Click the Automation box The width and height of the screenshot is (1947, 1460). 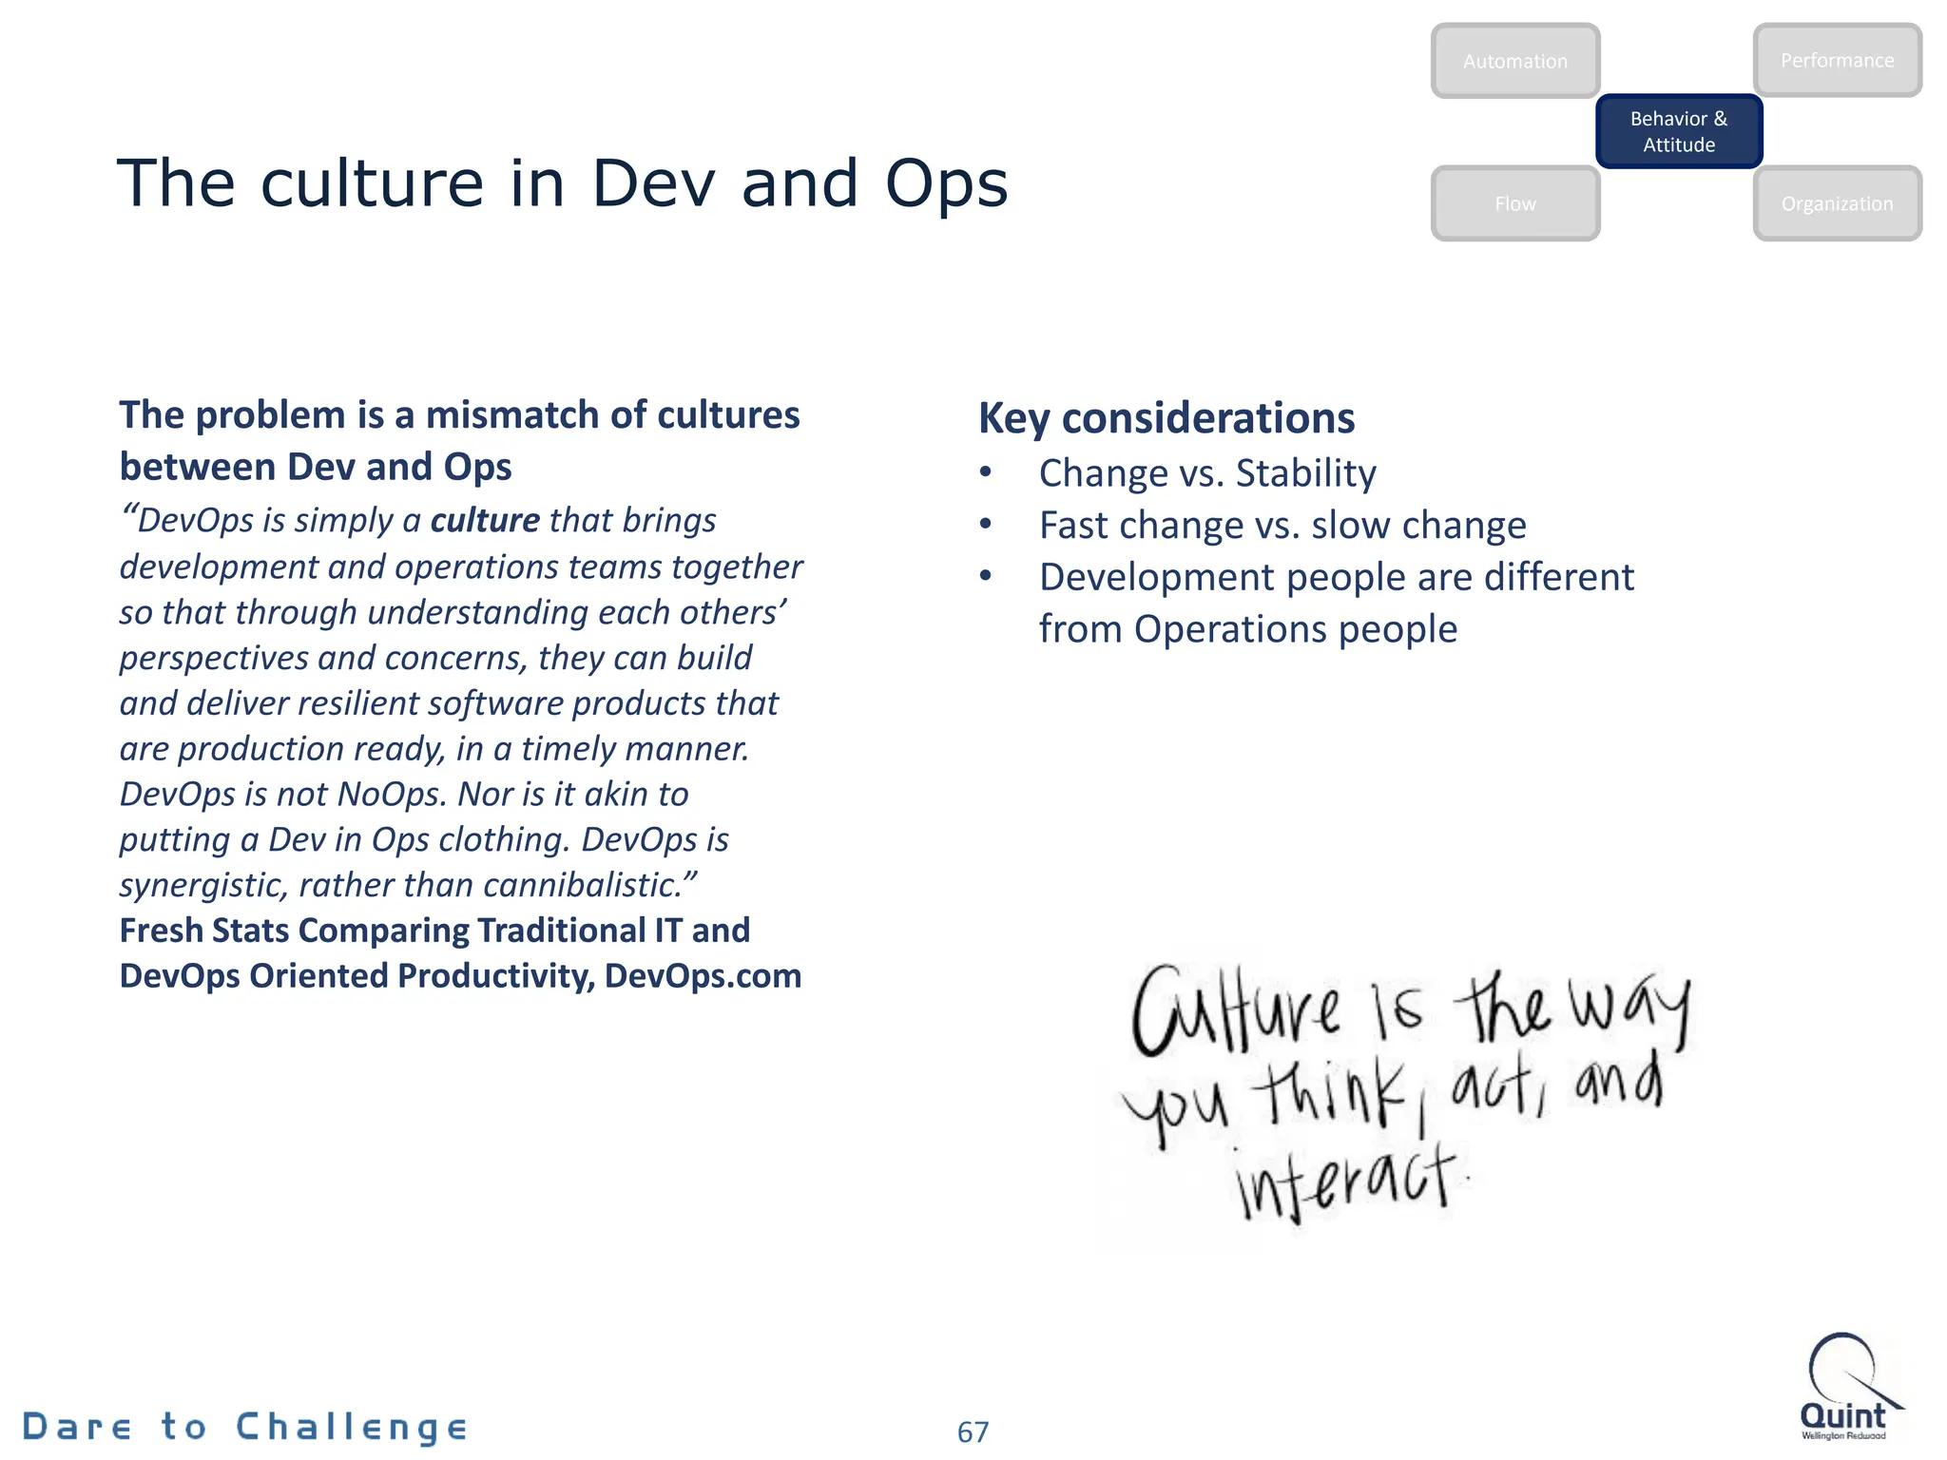[x=1514, y=61]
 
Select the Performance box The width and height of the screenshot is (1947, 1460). [x=1837, y=60]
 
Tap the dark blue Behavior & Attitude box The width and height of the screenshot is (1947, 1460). [x=1679, y=131]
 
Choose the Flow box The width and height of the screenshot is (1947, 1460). [x=1514, y=203]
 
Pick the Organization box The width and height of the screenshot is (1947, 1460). [x=1837, y=203]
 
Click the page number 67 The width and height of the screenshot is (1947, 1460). [x=973, y=1431]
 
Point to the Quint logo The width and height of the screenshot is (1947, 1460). [x=1844, y=1388]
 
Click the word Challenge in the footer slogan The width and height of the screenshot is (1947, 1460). [x=352, y=1427]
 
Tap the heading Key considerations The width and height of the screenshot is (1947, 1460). [x=1166, y=418]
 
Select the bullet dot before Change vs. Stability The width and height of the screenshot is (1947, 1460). [x=986, y=472]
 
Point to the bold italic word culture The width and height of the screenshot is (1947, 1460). [x=485, y=520]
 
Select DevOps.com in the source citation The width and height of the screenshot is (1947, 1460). [x=703, y=976]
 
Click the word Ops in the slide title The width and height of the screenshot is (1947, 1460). [x=946, y=183]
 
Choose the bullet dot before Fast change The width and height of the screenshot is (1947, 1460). [x=986, y=525]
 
